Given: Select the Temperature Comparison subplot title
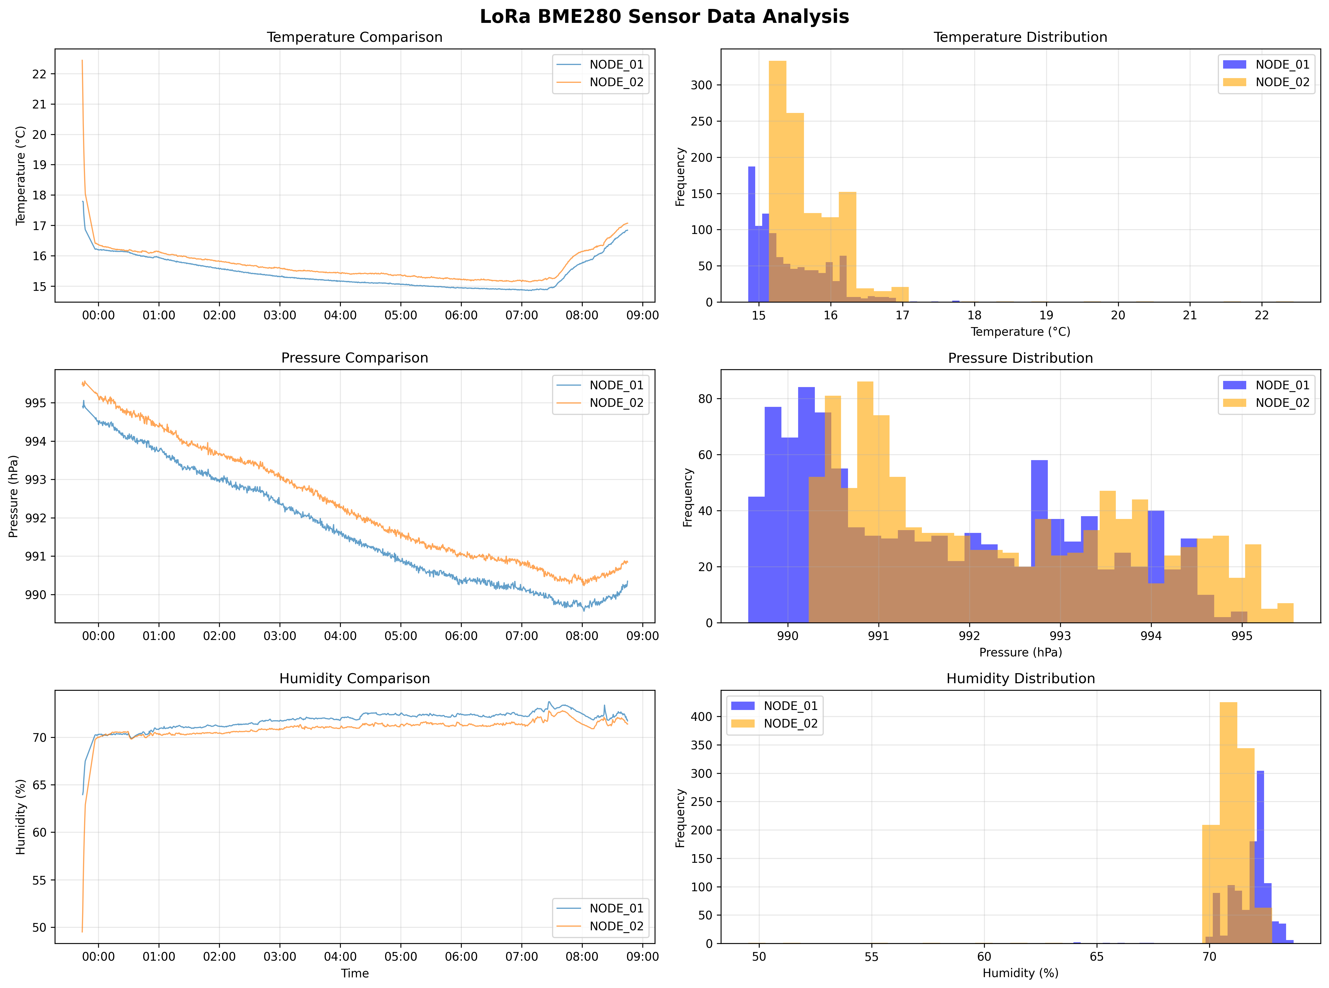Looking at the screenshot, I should [354, 37].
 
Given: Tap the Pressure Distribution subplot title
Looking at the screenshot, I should [1020, 358].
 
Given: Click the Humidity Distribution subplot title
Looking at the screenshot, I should [1020, 679].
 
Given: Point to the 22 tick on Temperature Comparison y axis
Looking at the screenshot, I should [40, 74].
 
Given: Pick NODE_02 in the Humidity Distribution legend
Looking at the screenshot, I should [790, 724].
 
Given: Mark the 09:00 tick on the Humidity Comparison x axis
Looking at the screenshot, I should [642, 956].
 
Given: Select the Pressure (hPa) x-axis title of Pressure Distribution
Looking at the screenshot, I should [1020, 653].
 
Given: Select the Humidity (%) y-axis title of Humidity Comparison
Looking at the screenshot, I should [21, 817].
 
